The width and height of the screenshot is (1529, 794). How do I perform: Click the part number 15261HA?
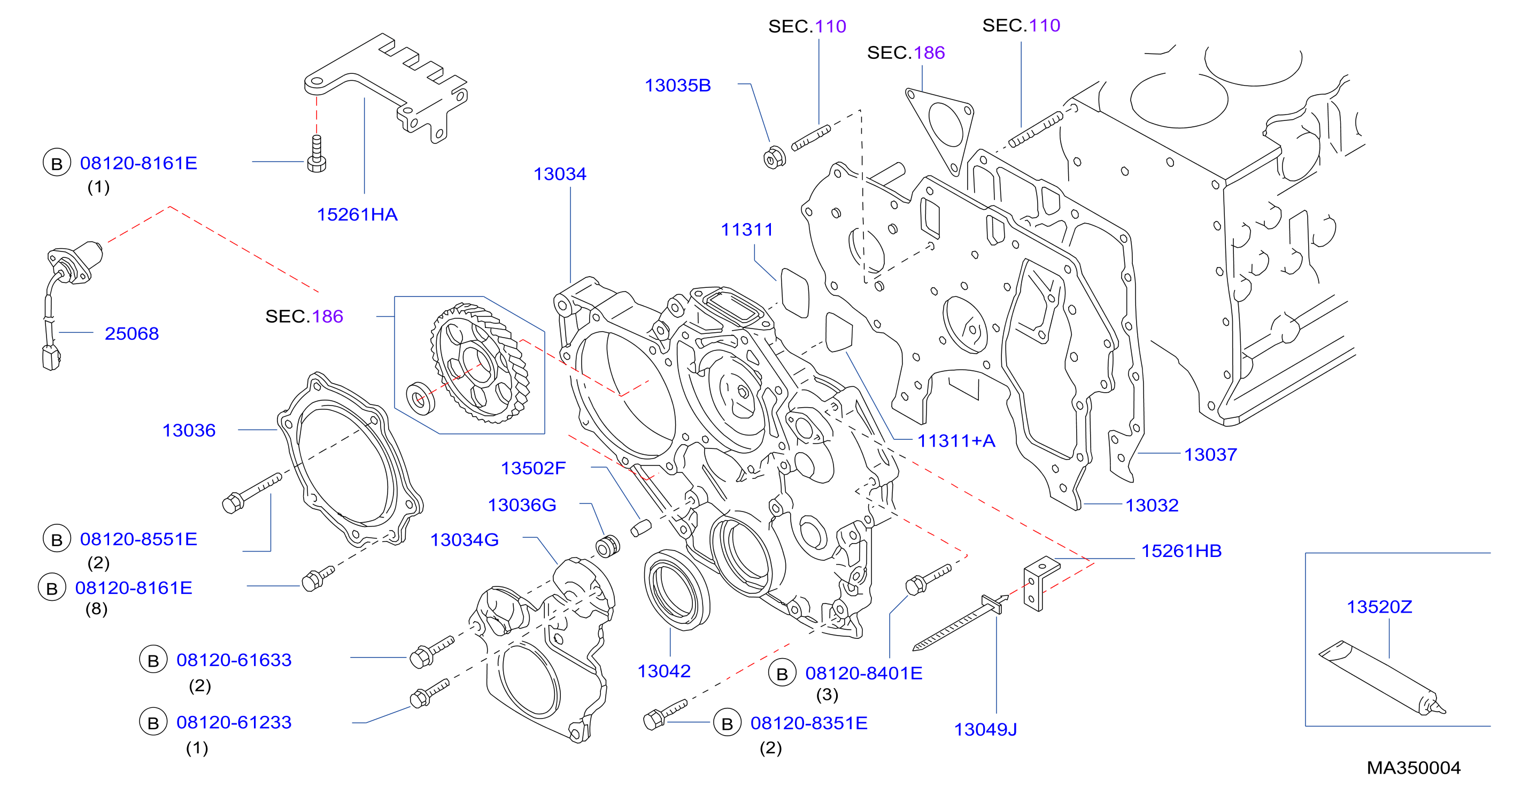click(357, 215)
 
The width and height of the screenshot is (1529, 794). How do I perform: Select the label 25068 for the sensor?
click(132, 333)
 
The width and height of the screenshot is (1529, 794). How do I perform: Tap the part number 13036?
click(189, 430)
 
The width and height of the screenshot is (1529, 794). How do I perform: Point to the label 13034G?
click(464, 540)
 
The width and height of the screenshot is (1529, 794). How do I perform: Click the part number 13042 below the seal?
click(663, 671)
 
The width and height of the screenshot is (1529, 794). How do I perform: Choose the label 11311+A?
click(956, 441)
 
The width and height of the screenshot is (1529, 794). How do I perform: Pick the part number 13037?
click(1211, 454)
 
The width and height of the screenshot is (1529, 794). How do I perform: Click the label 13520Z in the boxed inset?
click(1379, 607)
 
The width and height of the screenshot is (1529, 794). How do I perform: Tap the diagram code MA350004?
click(1414, 768)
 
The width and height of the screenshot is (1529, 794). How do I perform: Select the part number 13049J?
click(985, 729)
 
